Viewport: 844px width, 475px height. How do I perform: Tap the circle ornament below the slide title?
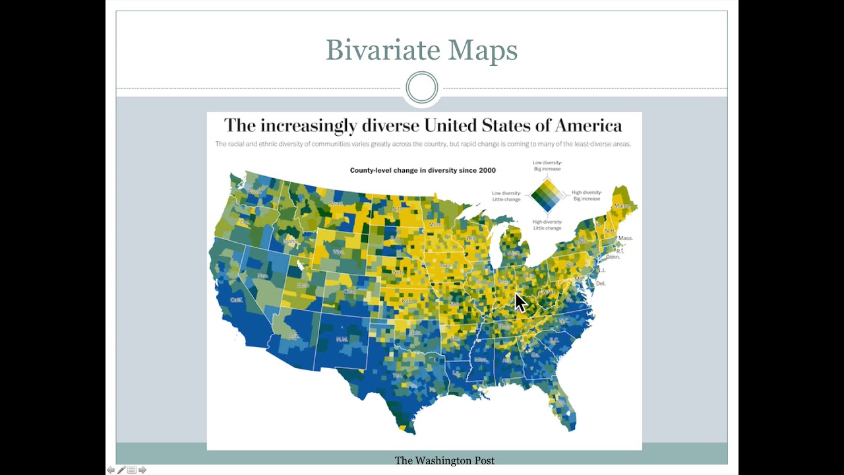[421, 88]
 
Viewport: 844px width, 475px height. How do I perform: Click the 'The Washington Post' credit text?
[444, 460]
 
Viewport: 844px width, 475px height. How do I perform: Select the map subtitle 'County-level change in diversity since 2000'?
[423, 170]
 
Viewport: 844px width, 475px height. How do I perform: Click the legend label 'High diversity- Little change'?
[547, 225]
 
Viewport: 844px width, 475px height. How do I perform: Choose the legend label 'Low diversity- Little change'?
[506, 196]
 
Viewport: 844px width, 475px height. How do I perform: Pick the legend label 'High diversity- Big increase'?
[586, 196]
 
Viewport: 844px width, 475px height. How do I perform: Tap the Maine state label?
[622, 206]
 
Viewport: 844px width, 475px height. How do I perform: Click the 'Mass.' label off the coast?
[625, 238]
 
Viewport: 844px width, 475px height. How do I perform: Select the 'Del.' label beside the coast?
[600, 284]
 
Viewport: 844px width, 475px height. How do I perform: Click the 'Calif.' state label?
[236, 300]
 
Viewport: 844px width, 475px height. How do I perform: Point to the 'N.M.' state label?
[342, 339]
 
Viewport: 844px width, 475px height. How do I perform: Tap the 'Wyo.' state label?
[339, 252]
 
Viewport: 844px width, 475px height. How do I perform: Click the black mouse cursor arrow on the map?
[520, 302]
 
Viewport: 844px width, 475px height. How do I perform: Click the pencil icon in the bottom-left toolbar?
[121, 470]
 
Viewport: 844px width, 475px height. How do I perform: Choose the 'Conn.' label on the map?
[613, 257]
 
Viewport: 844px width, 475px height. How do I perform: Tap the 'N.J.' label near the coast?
[601, 270]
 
